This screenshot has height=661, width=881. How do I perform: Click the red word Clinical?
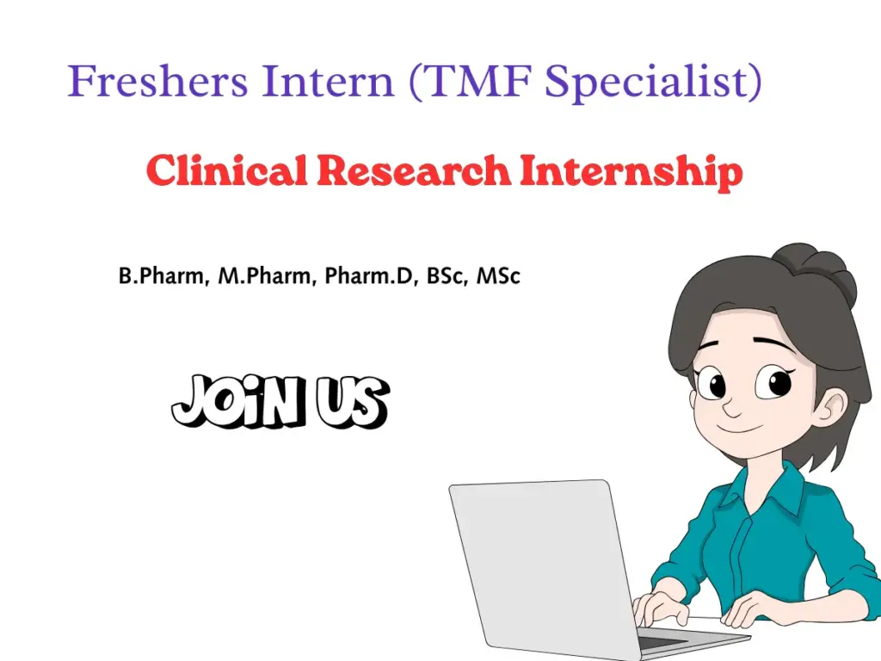pos(226,171)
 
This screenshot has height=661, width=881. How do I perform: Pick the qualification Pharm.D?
pos(371,277)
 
